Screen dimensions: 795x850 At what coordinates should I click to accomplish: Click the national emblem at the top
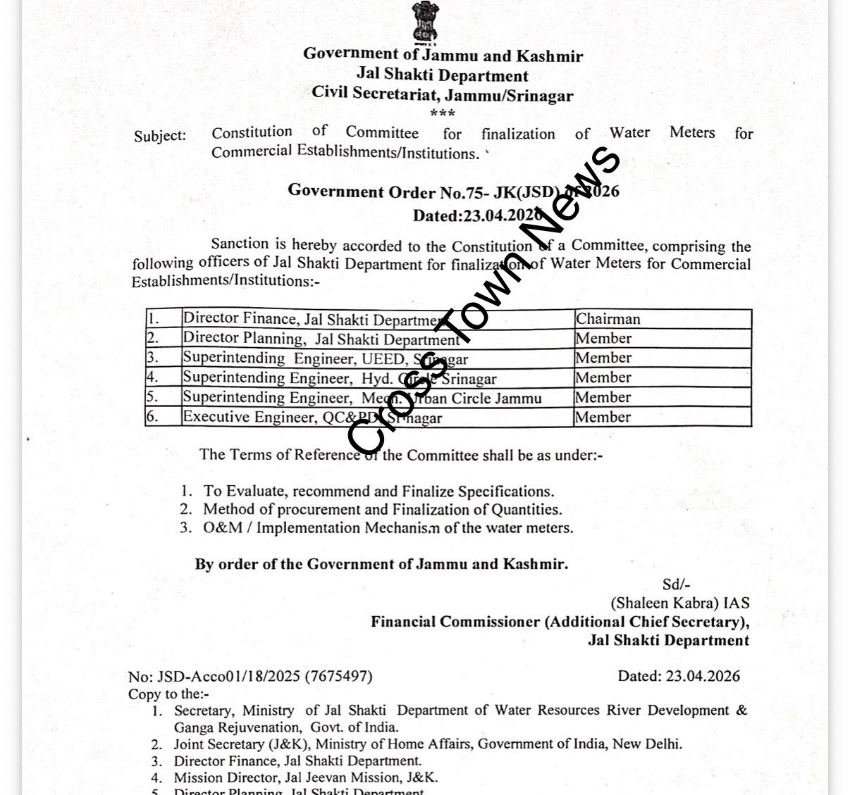(x=425, y=22)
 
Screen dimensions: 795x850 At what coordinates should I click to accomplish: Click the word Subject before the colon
(x=159, y=136)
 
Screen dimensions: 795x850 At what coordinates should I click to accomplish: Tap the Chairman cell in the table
(x=608, y=319)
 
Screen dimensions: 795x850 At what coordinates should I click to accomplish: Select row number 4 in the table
(x=153, y=377)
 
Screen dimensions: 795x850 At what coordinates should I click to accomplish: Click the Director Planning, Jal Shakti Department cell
(x=321, y=339)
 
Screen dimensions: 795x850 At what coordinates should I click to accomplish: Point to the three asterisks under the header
(x=443, y=113)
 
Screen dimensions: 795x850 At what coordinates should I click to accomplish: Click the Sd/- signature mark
(x=675, y=584)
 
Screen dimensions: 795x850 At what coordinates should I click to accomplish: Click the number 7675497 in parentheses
(x=338, y=677)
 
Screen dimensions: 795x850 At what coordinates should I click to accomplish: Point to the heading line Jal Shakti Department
(x=442, y=75)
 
